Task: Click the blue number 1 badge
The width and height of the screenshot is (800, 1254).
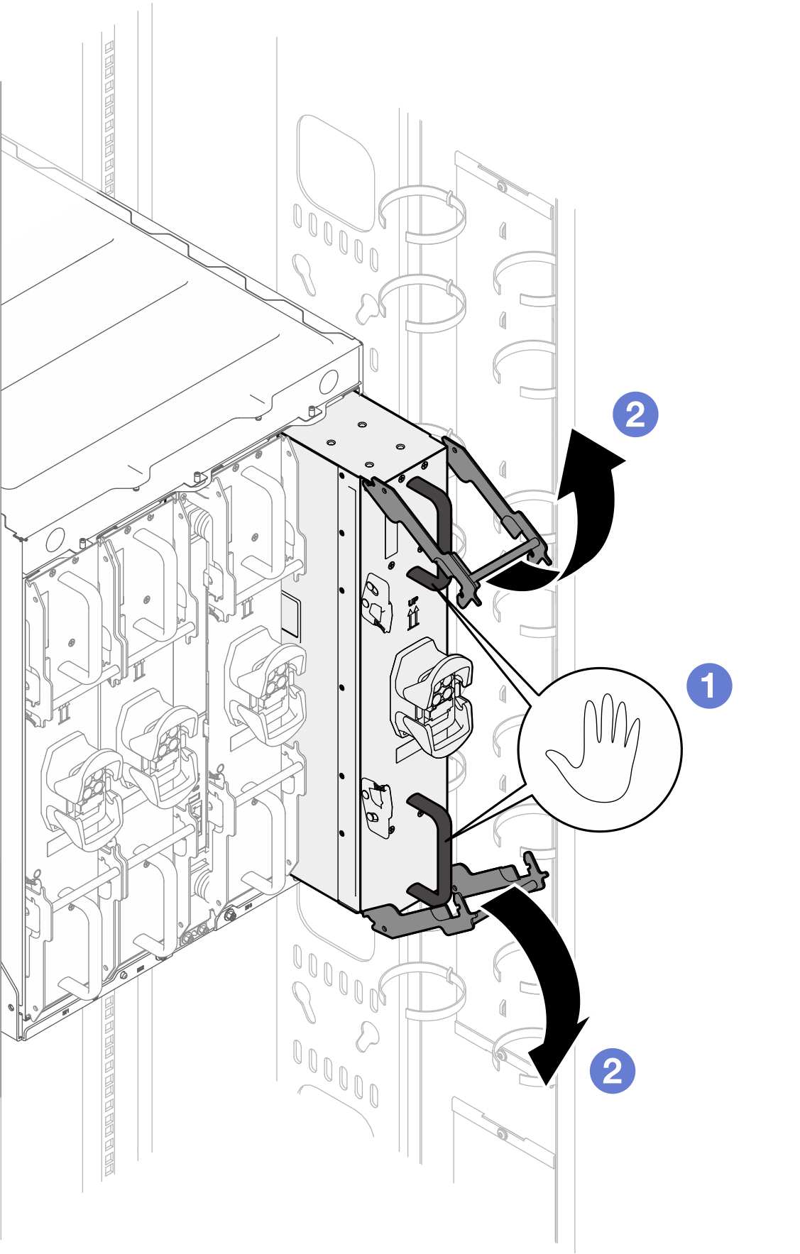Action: tap(709, 686)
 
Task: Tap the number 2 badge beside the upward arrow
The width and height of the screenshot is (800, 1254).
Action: tap(635, 414)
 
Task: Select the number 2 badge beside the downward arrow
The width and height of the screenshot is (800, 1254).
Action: tap(612, 1071)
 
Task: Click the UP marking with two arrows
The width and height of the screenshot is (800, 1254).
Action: tap(413, 614)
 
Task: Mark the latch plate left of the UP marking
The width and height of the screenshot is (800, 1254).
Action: tap(378, 603)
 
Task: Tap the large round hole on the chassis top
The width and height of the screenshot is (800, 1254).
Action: tap(329, 381)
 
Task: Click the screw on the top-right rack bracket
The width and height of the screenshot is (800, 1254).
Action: tap(502, 187)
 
